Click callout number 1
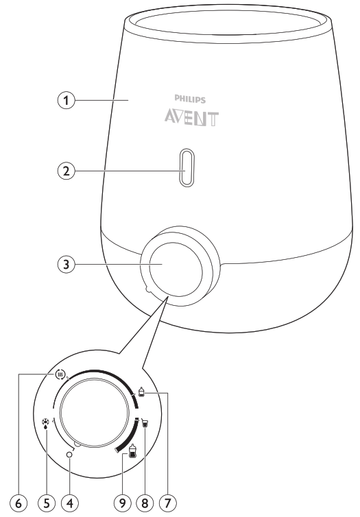point(67,100)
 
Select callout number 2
point(67,171)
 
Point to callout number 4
point(69,503)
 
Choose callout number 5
point(46,503)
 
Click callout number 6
point(19,503)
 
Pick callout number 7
point(168,503)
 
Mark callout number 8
point(145,503)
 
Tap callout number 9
point(122,503)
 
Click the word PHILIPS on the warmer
point(190,99)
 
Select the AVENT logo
point(191,119)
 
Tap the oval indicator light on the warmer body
point(187,167)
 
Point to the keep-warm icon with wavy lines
point(60,374)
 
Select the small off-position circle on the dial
point(69,455)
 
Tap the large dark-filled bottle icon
point(132,451)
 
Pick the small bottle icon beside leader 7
point(141,392)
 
